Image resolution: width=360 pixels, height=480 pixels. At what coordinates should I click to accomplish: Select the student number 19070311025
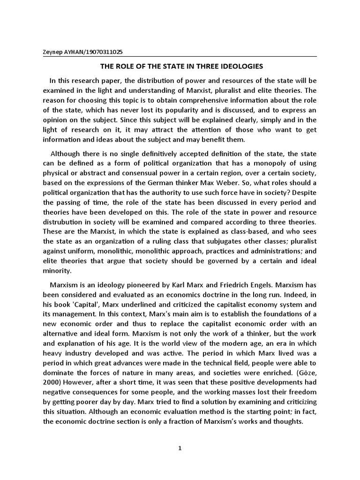(x=105, y=52)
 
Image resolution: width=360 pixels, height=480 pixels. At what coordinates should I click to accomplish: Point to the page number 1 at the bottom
(x=180, y=448)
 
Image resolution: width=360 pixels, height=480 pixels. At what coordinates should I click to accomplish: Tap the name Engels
(x=259, y=284)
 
